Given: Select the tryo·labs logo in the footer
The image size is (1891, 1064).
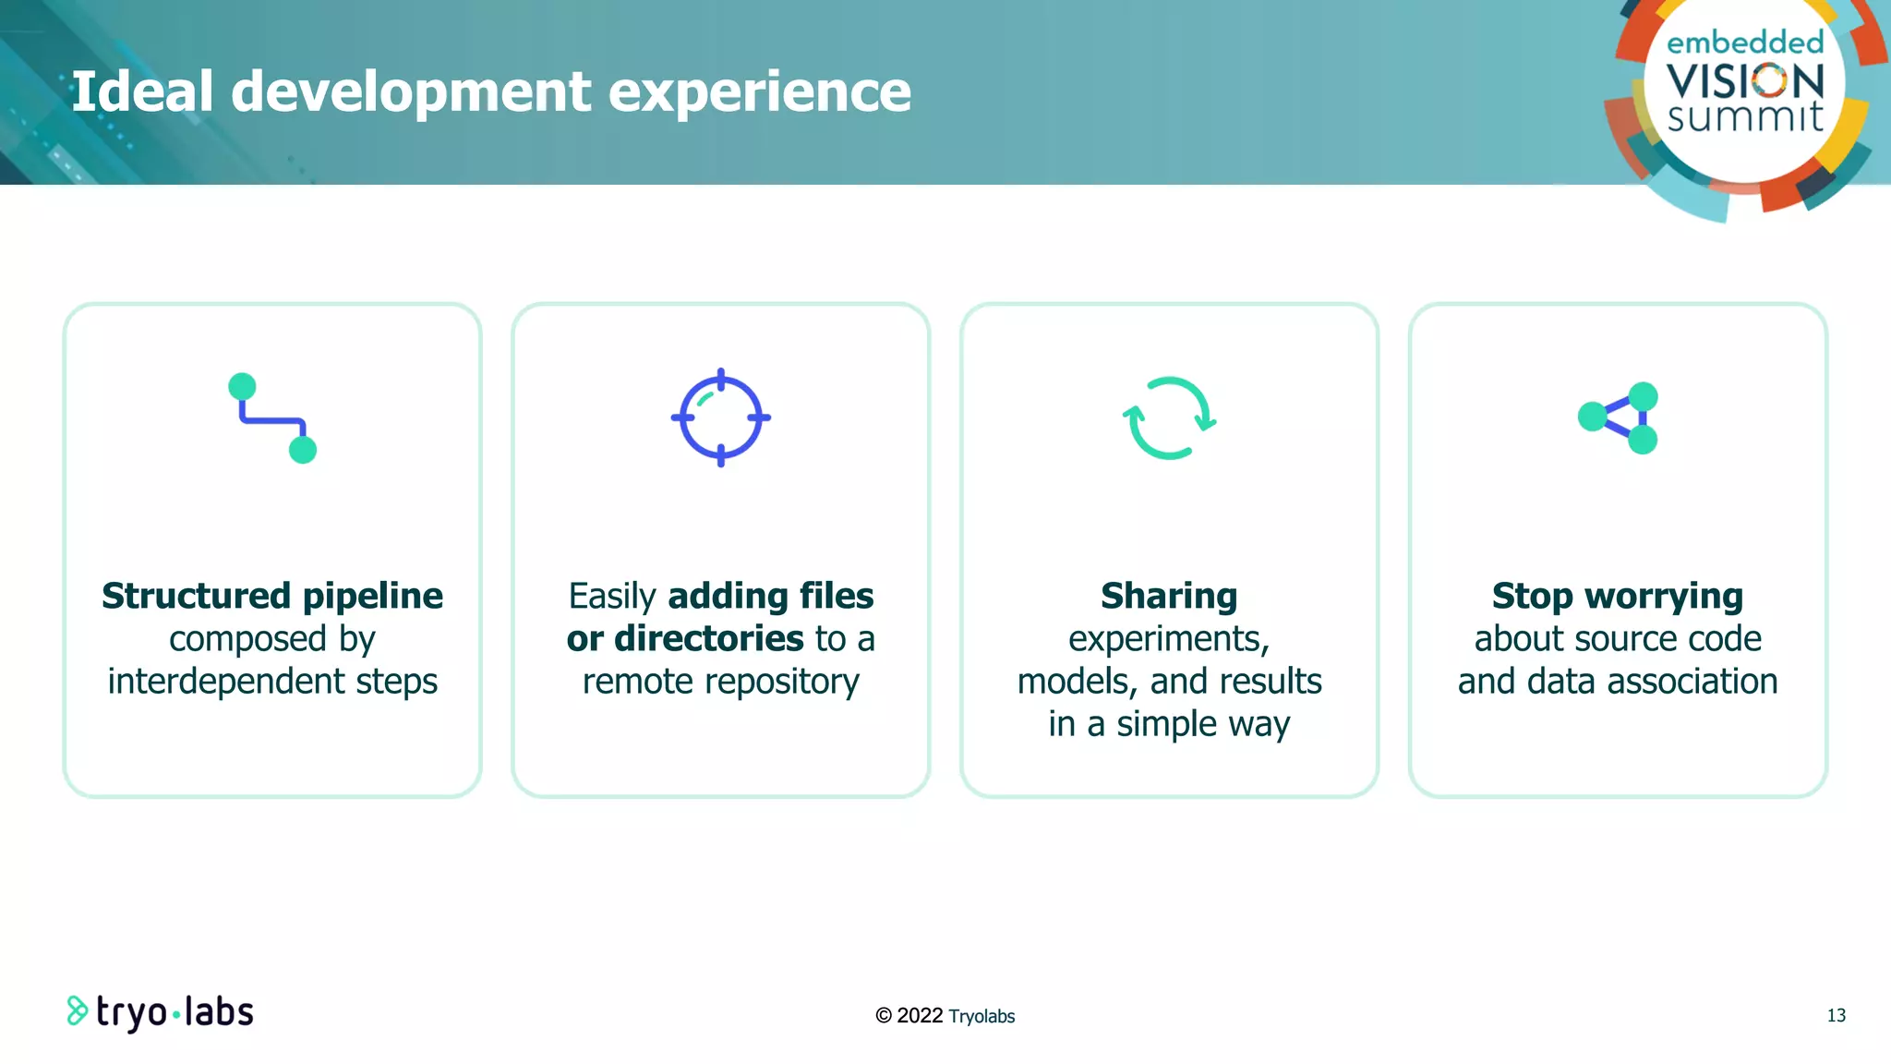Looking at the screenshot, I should [161, 1012].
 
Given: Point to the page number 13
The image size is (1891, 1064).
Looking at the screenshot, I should [1836, 1015].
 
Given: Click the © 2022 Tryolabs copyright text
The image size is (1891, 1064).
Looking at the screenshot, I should [945, 1016].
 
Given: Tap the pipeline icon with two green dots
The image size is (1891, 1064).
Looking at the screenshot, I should [272, 417].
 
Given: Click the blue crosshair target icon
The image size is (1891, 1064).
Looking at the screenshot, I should [721, 417].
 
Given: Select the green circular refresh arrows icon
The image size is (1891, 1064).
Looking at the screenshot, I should [1169, 417].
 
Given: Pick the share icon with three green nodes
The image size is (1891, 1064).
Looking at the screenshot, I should [1618, 417].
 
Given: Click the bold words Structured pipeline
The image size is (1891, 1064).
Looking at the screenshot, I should [272, 596].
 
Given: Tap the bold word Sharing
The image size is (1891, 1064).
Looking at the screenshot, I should [1169, 596].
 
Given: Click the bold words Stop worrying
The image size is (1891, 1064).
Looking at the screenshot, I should [1618, 596].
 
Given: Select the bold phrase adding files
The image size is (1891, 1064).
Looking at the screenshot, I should [770, 596].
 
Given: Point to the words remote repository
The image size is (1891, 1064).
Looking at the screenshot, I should [721, 682].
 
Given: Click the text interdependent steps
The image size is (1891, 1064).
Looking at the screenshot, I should [272, 682].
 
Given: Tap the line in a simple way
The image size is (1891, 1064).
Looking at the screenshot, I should [1169, 724].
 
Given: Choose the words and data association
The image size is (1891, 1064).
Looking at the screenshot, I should [1618, 682].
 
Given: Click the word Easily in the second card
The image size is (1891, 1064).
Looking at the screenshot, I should [612, 597].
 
